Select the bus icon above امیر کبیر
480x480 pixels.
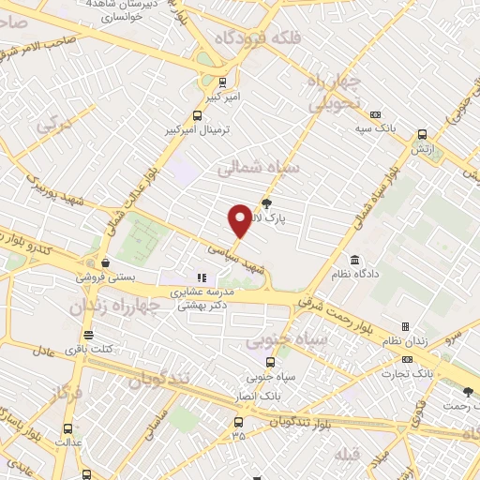(x=222, y=82)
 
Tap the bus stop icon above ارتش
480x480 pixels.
(x=423, y=134)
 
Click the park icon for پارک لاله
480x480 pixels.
(x=266, y=202)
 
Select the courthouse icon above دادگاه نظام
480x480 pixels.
(x=354, y=260)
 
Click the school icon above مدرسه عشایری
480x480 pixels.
(x=201, y=277)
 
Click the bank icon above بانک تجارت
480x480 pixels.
(x=407, y=359)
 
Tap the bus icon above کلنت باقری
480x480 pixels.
(x=88, y=335)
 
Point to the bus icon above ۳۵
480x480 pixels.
(x=238, y=421)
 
